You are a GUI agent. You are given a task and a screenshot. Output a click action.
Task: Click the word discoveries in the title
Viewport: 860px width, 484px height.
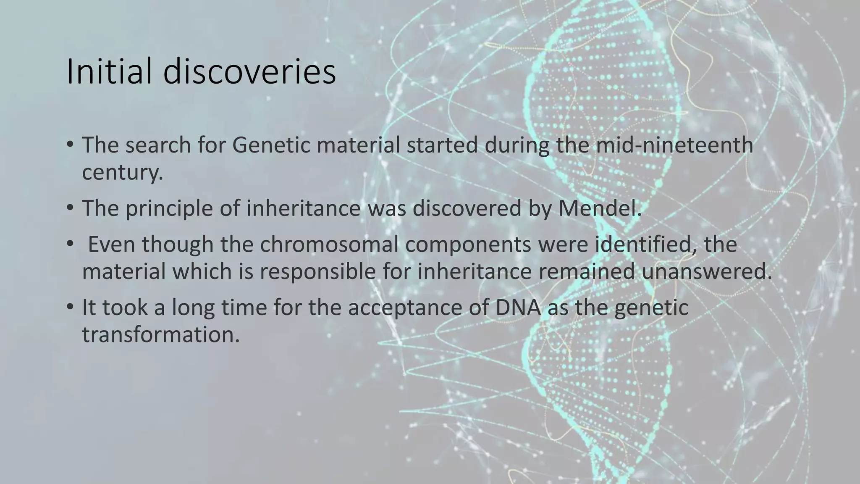[249, 72]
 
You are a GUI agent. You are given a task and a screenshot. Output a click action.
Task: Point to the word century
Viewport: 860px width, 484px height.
[122, 173]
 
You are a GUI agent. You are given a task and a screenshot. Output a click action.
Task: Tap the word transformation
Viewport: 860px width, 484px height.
[160, 334]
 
